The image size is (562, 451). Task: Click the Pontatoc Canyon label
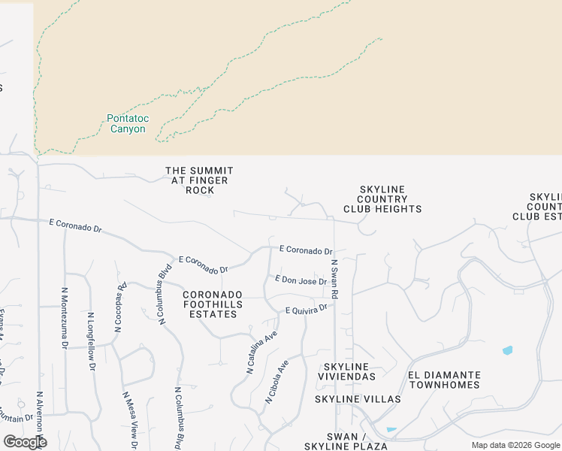point(125,123)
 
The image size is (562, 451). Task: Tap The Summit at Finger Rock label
point(199,180)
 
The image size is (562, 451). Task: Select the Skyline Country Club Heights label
point(382,199)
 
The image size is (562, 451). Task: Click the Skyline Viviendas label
point(346,371)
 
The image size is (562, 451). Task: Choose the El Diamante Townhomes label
point(444,380)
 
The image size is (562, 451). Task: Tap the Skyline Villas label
point(347,398)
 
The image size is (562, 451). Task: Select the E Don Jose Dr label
point(301,280)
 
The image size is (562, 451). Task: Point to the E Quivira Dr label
point(307,309)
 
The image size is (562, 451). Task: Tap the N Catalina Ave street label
point(262,352)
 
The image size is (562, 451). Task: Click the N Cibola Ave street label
point(276,382)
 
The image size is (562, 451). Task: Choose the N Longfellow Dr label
point(90,341)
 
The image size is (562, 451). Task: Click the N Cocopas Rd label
point(121,296)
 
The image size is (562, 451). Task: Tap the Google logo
point(25,442)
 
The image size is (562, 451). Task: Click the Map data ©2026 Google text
point(515,445)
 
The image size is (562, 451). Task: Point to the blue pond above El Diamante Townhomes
point(507,350)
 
